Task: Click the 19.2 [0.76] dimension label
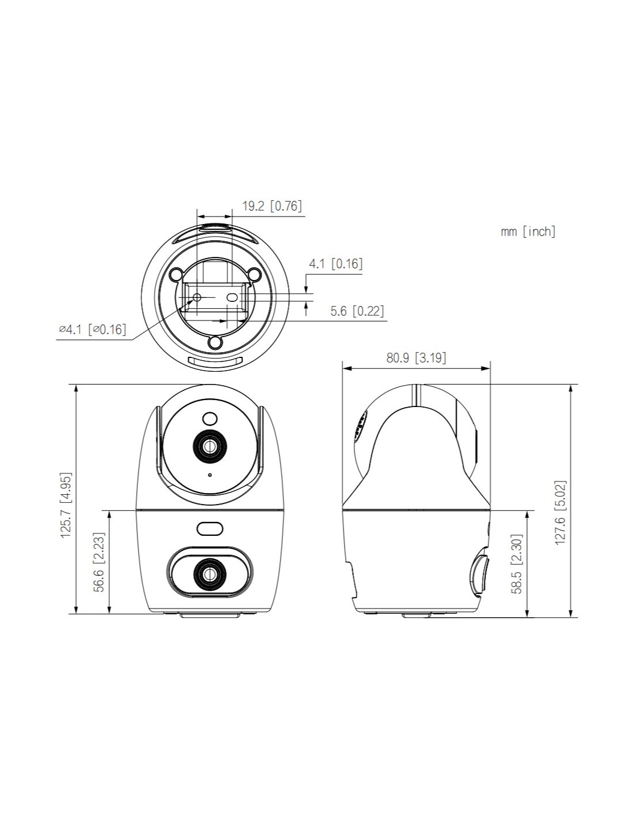[272, 206]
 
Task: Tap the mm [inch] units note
[528, 231]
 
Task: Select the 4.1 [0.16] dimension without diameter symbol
[336, 264]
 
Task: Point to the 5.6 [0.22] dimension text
[357, 311]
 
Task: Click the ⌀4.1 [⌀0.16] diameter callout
[92, 330]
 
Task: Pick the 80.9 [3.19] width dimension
[416, 357]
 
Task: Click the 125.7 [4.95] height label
[66, 505]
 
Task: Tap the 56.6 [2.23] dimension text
[99, 562]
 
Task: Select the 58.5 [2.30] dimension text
[517, 564]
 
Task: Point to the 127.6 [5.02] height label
[560, 513]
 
